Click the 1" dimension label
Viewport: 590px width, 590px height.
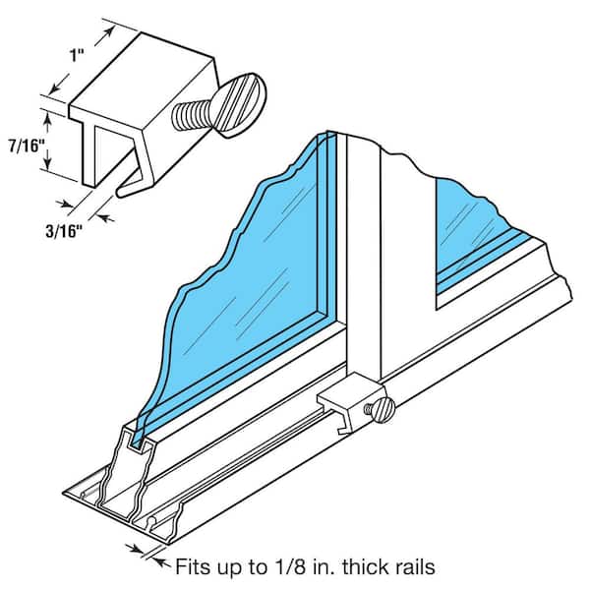pos(76,55)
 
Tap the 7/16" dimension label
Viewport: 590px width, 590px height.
pos(26,146)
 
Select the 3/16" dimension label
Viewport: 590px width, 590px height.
pos(64,231)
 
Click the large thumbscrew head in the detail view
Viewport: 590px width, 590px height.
pos(241,104)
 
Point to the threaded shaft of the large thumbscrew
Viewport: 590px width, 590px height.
pos(191,114)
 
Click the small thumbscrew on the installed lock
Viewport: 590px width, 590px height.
pos(380,409)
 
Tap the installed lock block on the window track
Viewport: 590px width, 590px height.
pos(350,403)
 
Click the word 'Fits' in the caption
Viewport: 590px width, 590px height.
pos(195,565)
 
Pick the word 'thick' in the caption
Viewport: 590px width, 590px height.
pos(362,565)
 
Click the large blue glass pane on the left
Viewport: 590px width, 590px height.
pos(241,286)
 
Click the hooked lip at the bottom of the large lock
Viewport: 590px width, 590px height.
pos(129,187)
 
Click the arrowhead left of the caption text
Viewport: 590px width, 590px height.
pos(161,561)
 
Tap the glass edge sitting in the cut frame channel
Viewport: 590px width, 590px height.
pos(140,437)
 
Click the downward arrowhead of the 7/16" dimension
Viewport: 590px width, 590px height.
pos(48,162)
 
